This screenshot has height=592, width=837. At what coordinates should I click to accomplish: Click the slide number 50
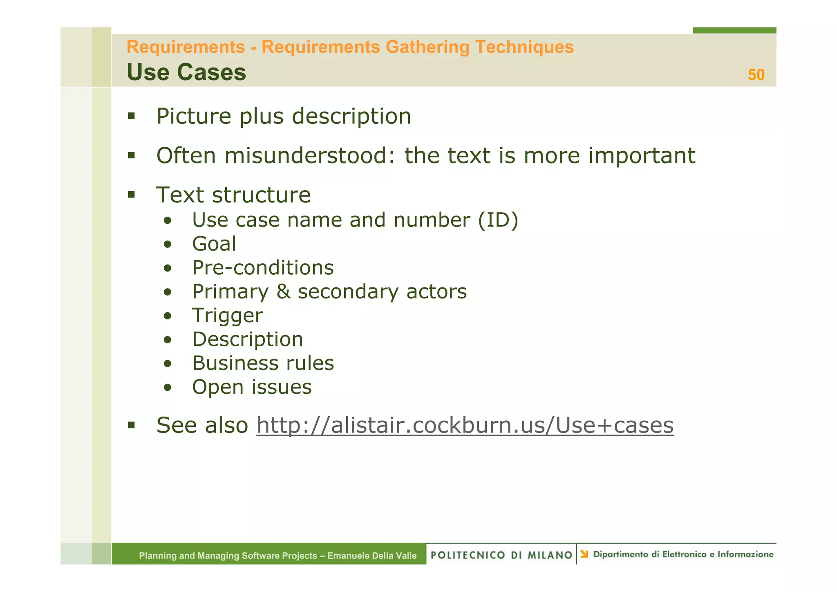click(x=756, y=75)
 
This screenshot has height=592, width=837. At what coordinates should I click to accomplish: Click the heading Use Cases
click(x=186, y=72)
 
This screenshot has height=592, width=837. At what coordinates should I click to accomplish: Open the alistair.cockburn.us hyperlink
click(x=465, y=425)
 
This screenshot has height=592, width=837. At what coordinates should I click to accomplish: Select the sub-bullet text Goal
click(x=214, y=244)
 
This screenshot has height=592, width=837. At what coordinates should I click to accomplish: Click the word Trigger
click(x=227, y=316)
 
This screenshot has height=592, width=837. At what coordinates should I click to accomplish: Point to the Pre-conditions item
click(x=263, y=268)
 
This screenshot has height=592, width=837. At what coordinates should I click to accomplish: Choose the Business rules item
click(x=263, y=363)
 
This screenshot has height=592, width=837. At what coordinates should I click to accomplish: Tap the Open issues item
click(x=252, y=387)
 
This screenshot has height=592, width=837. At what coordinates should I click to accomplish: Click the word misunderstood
click(x=309, y=155)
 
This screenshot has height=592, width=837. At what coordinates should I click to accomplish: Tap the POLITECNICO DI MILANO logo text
click(x=501, y=555)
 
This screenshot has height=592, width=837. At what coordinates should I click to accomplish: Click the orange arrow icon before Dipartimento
click(x=584, y=554)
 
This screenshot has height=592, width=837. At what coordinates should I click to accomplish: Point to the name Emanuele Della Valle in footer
click(x=372, y=556)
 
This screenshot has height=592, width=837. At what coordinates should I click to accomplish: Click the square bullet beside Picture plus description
click(x=131, y=116)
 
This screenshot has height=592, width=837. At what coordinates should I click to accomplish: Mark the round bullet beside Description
click(x=167, y=340)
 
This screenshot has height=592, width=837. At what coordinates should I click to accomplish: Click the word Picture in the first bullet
click(x=194, y=116)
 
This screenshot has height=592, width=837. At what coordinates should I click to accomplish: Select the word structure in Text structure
click(x=262, y=195)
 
